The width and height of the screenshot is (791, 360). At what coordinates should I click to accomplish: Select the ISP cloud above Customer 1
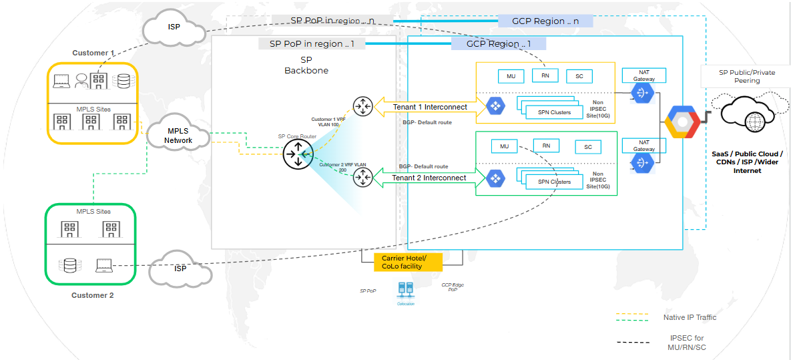tap(173, 28)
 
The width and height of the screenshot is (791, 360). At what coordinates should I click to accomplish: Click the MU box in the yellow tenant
tap(511, 76)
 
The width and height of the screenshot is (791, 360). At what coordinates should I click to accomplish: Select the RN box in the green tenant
tap(546, 146)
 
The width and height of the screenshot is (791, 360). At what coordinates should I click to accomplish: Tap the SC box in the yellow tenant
tap(579, 76)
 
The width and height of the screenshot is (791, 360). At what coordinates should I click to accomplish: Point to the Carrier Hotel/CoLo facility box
tap(402, 262)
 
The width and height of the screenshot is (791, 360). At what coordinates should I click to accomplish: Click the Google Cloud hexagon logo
tap(682, 122)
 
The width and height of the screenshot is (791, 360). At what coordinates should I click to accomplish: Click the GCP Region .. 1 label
tap(498, 44)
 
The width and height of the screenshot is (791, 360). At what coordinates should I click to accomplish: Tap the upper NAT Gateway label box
tap(644, 75)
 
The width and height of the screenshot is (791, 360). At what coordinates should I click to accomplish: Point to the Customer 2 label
tap(93, 295)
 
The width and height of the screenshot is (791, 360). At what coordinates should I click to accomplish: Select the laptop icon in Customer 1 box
tap(61, 81)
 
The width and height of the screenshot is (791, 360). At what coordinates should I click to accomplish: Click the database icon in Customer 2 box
tap(69, 265)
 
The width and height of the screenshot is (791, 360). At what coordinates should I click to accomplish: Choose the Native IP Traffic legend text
tap(690, 317)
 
